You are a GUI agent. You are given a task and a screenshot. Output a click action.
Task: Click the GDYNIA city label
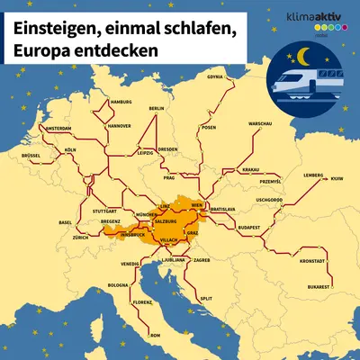point(214,76)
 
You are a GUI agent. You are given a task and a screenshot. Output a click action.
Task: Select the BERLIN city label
point(156,108)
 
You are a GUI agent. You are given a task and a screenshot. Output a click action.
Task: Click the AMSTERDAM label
point(64,129)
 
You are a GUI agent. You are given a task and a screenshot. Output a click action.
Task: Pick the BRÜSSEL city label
point(31,155)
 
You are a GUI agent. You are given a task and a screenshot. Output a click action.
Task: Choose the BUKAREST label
point(319,285)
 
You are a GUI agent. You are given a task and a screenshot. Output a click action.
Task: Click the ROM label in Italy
point(155,334)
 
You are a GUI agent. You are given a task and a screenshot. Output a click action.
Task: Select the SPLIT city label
point(206,297)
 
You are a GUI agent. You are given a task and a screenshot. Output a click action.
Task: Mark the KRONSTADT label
point(311,261)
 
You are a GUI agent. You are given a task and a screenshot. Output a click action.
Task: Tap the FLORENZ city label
point(142,303)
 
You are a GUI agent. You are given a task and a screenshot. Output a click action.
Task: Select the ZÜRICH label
point(81,237)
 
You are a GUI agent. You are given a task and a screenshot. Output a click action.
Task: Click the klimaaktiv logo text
point(312,17)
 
